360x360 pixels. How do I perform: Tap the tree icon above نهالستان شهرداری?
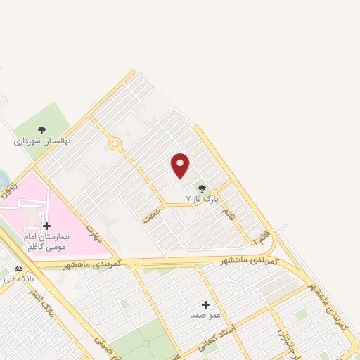coord(41,129)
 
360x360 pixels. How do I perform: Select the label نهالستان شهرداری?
coord(41,141)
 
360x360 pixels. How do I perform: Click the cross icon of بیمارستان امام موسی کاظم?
coord(46,226)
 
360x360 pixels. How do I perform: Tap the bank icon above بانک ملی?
coord(18,268)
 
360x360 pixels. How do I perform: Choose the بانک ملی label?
coord(17,279)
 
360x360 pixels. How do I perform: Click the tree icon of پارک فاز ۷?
coord(202,188)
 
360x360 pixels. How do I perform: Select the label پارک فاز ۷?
coord(198,200)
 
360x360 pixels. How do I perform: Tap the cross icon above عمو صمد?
coord(205,304)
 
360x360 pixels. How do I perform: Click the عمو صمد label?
coord(205,316)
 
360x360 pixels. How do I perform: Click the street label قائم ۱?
coord(262,229)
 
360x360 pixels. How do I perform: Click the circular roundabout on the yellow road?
coord(115,144)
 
